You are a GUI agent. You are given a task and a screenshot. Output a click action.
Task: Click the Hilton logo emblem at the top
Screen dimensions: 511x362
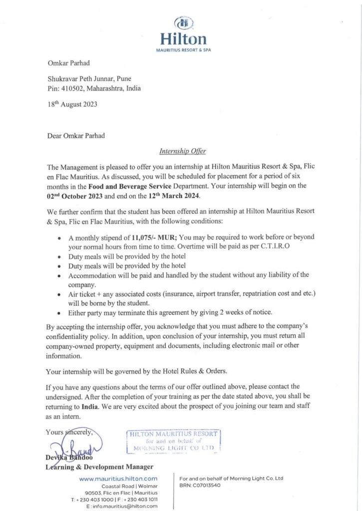pos(183,23)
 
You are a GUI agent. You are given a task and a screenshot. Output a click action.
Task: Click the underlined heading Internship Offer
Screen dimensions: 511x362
pos(182,151)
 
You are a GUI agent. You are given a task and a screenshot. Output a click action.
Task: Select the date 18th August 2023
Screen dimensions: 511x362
pos(72,104)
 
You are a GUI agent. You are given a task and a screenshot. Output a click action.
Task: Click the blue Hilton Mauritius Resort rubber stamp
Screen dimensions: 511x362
pos(173,441)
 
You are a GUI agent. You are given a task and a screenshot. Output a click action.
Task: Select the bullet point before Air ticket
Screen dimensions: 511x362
pos(60,294)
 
